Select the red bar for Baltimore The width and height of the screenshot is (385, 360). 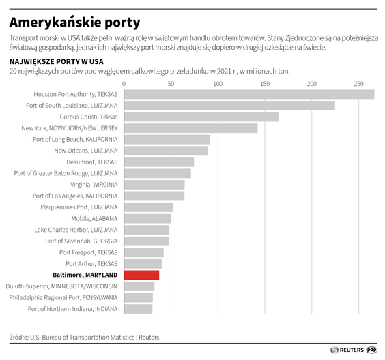[x=141, y=275]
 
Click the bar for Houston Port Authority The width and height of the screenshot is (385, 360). [x=248, y=94]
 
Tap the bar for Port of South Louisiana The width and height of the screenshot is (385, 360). [x=229, y=106]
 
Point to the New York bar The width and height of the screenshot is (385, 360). [x=190, y=128]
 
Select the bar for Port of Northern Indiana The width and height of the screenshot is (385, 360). [x=138, y=309]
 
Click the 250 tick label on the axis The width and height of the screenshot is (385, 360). [x=358, y=84]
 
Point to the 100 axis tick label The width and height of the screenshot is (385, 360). [x=217, y=84]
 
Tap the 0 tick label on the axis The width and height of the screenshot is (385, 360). [x=124, y=84]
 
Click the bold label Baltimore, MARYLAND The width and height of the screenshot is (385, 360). [x=85, y=275]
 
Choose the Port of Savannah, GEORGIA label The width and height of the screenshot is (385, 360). [x=81, y=241]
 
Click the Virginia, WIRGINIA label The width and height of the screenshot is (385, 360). [x=94, y=185]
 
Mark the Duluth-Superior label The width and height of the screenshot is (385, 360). [x=61, y=286]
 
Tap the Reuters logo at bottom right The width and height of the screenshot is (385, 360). [x=347, y=350]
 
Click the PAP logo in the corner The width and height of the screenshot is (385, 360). [x=372, y=350]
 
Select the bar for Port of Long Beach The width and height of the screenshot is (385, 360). [x=167, y=139]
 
